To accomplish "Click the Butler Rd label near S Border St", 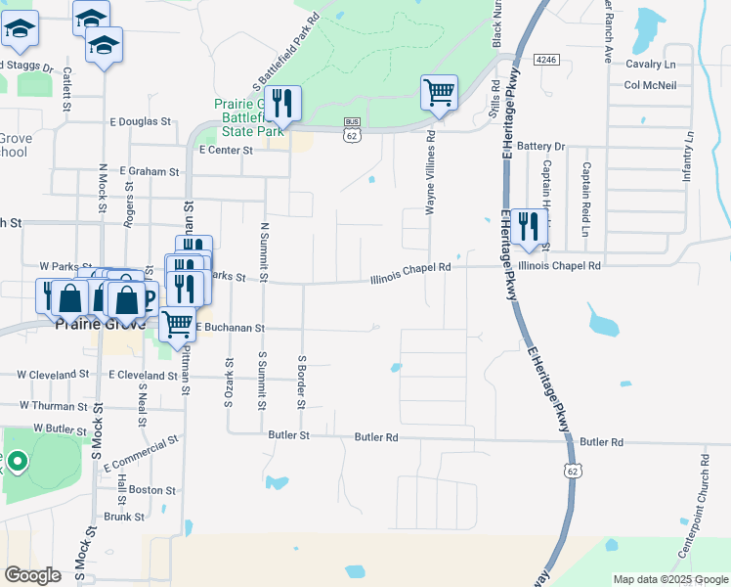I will tap(376, 436).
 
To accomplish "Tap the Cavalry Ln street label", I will tap(650, 65).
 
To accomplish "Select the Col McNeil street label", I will tap(650, 85).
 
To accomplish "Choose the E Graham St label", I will tap(150, 171).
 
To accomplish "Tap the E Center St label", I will tap(226, 151).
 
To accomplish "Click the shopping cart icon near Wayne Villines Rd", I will tap(440, 93).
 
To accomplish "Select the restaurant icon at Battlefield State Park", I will tap(282, 102).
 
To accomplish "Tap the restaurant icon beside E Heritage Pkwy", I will tap(529, 225).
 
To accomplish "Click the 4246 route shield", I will tap(547, 60).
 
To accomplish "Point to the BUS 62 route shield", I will tap(351, 129).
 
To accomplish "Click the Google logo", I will tap(33, 575).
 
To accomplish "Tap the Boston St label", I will tap(151, 490).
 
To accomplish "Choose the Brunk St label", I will tap(124, 517).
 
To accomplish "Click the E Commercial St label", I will tap(140, 451).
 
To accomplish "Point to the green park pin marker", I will tap(17, 460).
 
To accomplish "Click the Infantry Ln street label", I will tap(689, 157).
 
